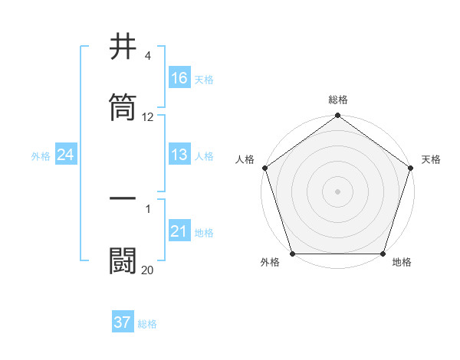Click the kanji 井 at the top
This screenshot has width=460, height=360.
click(x=123, y=47)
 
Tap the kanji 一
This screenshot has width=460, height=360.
click(x=123, y=198)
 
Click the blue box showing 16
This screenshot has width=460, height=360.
click(x=179, y=78)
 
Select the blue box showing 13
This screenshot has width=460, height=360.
click(x=179, y=155)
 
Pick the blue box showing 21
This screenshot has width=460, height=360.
click(x=179, y=231)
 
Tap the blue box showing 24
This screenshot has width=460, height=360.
click(x=66, y=155)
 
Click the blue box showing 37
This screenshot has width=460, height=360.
click(x=123, y=322)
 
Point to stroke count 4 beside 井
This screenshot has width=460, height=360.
click(x=147, y=56)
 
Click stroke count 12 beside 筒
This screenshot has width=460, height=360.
click(x=148, y=117)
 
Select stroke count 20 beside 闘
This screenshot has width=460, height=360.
click(x=148, y=269)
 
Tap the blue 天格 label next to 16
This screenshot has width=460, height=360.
click(x=204, y=79)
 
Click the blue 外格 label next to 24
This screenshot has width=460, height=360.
click(x=41, y=155)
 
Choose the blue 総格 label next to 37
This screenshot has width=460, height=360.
click(x=147, y=323)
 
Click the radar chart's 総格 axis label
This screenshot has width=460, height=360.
click(x=338, y=100)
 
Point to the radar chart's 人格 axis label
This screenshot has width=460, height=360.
click(x=245, y=159)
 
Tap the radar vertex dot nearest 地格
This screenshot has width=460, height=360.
click(x=383, y=254)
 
